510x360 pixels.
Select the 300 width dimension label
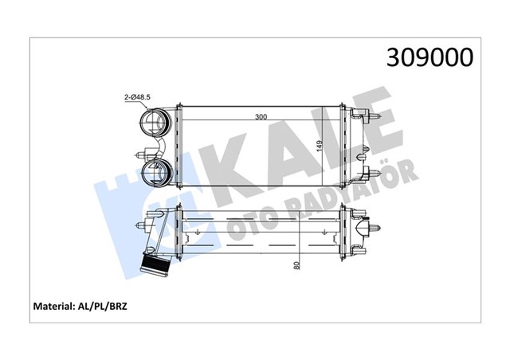261,117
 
